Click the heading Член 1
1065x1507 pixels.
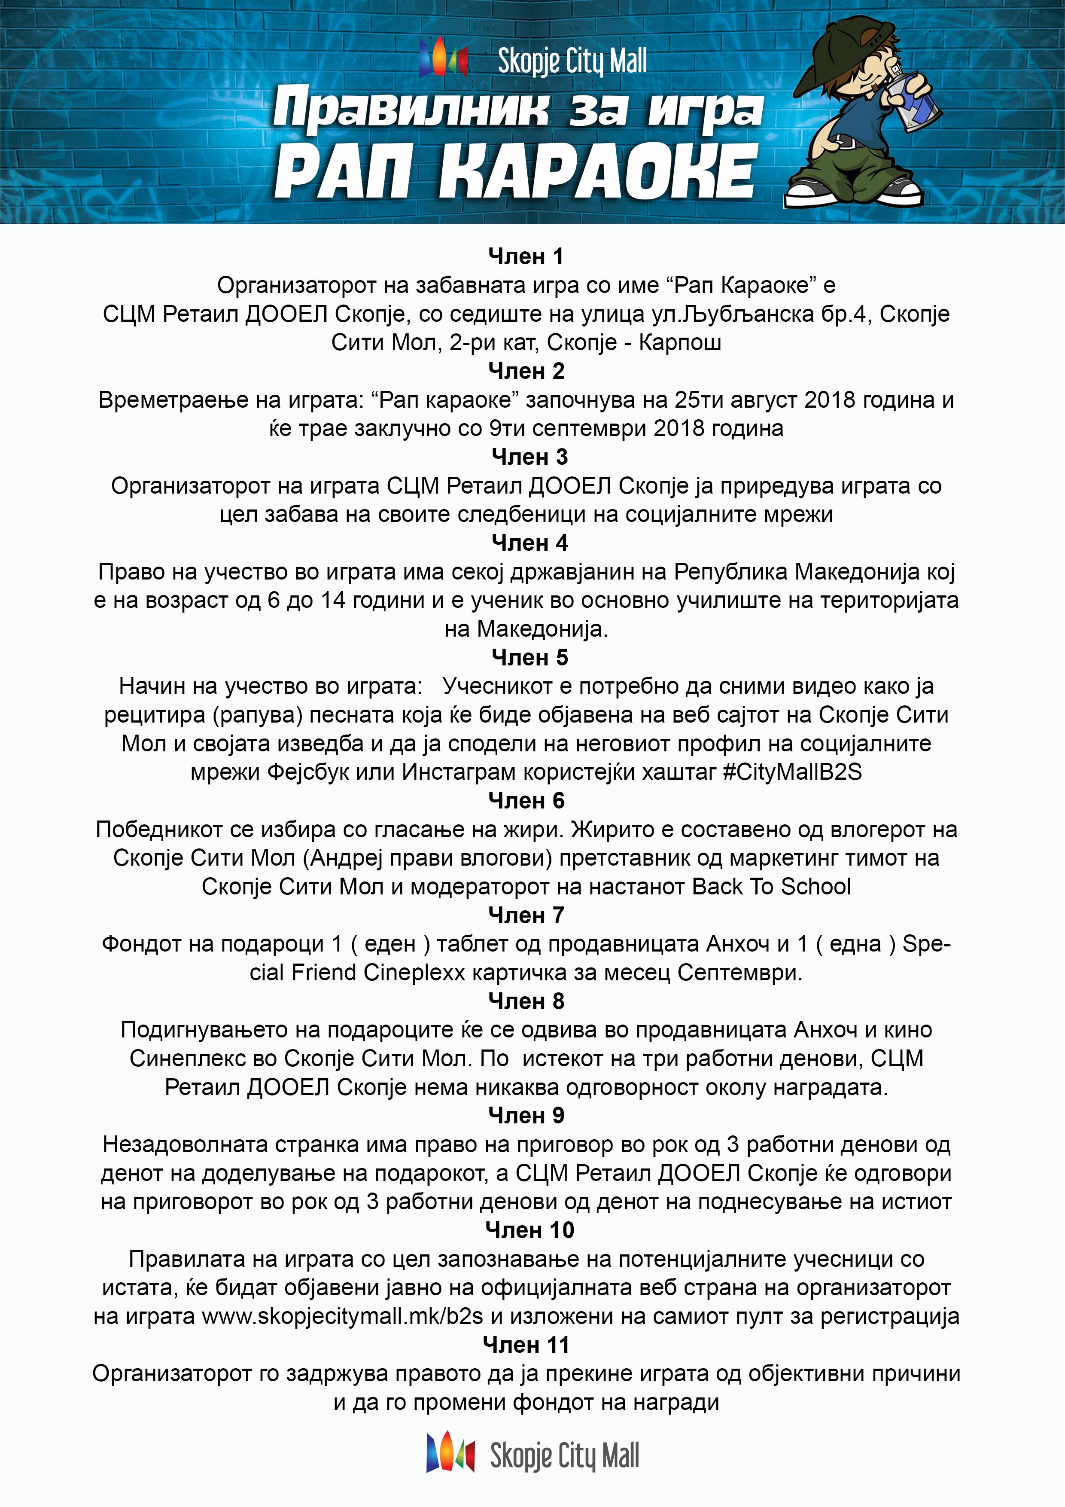[x=526, y=256]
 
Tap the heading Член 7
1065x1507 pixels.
[x=526, y=915]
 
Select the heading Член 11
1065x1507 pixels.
[x=526, y=1345]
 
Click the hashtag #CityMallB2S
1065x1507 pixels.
[x=792, y=772]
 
